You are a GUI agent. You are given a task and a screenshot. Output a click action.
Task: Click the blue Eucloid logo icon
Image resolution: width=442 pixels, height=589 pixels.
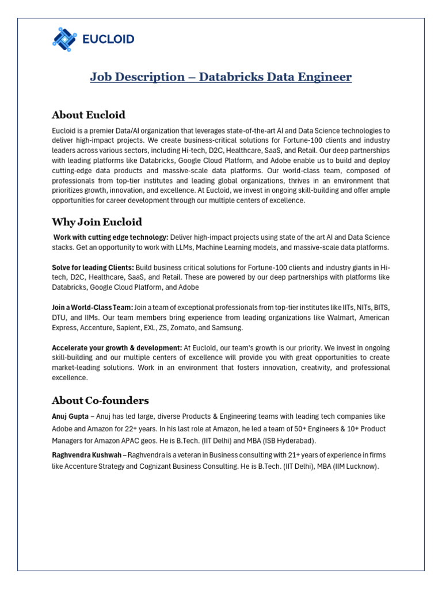[64, 39]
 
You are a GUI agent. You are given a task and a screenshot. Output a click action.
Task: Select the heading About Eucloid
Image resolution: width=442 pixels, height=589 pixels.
[88, 114]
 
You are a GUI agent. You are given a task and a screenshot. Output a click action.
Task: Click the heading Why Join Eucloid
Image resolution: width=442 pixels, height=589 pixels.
[97, 222]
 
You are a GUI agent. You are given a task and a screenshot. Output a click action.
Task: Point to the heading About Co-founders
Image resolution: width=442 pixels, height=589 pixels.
[100, 400]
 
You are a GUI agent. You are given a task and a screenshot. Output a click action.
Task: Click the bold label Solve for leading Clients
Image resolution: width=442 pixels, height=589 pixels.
[93, 267]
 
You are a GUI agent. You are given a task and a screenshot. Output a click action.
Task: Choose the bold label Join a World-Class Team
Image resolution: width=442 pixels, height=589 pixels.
[92, 308]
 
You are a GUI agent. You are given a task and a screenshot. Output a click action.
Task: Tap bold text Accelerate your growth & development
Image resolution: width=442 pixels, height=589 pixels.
[117, 348]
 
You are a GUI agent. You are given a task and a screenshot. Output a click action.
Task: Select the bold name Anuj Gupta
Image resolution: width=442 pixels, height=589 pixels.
[70, 416]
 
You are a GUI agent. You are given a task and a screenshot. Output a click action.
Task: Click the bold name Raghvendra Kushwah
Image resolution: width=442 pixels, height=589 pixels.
[86, 454]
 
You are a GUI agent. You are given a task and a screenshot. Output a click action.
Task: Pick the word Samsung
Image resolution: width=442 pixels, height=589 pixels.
[228, 327]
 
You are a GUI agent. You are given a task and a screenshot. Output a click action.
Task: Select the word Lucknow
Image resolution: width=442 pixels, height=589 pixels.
[361, 466]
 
